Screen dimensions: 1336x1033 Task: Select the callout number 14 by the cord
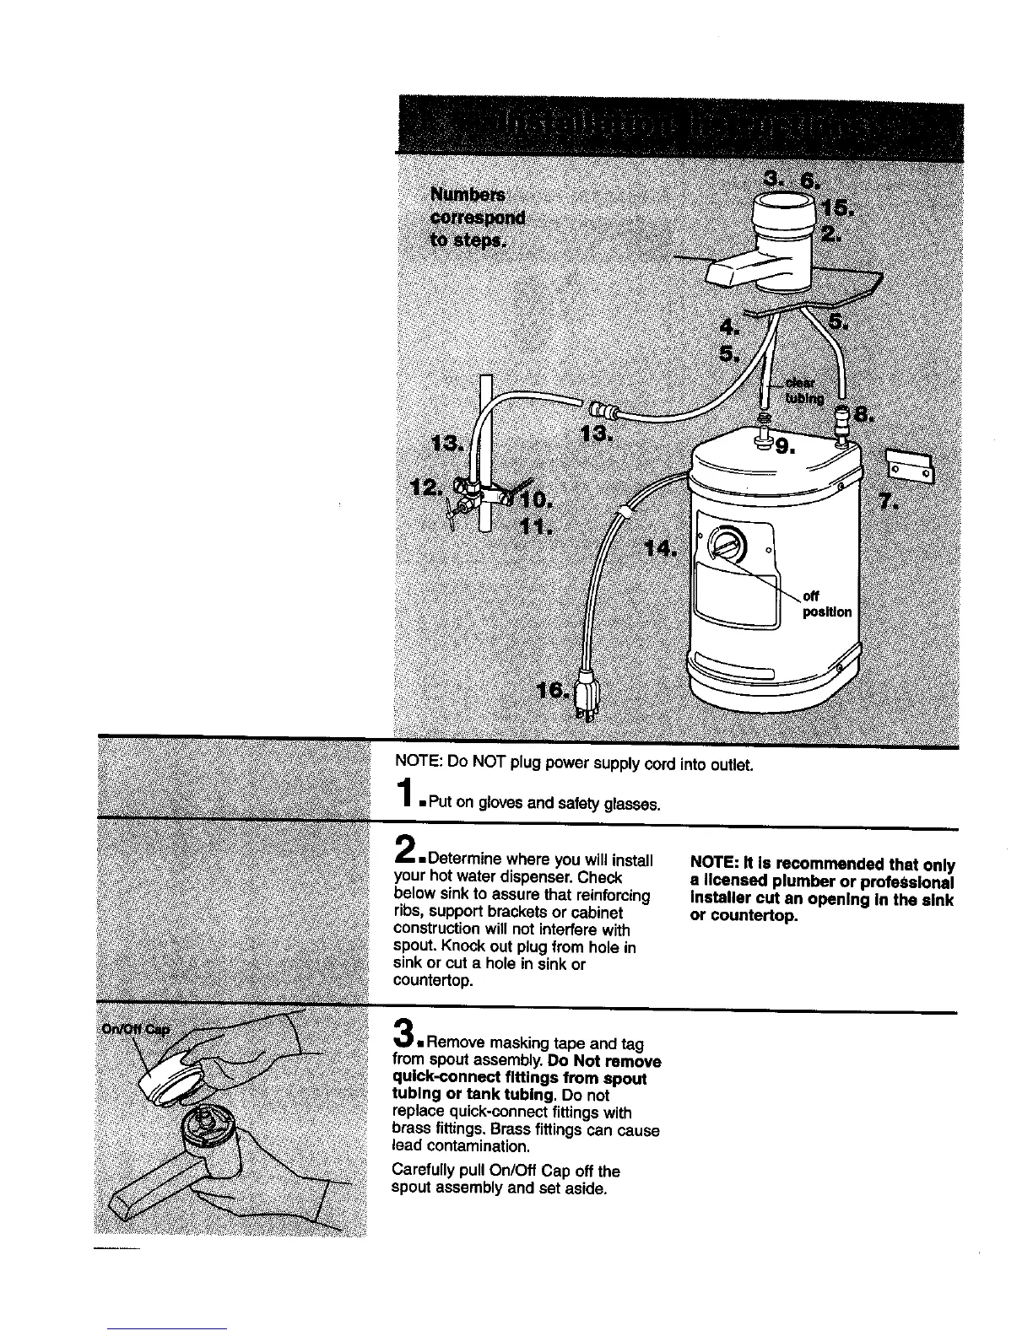click(x=659, y=550)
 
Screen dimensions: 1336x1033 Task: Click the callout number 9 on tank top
click(x=785, y=447)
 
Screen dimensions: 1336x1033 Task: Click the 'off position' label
click(x=825, y=604)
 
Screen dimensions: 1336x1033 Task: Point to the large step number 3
click(x=405, y=1034)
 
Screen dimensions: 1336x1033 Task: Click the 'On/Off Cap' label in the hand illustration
click(x=136, y=1029)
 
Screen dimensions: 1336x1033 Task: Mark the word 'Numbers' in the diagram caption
click(x=468, y=195)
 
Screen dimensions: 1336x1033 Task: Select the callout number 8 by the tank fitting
click(x=863, y=415)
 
